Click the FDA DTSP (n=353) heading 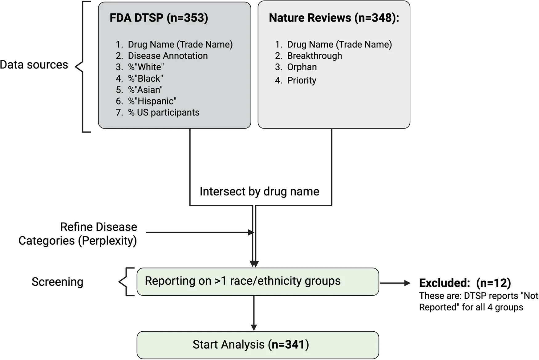[159, 18]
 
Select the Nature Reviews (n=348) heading [334, 18]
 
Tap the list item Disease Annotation [168, 56]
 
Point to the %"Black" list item [145, 79]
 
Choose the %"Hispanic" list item [152, 101]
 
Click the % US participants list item [164, 112]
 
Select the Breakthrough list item [314, 56]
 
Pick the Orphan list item [302, 67]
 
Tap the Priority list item [301, 80]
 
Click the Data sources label [34, 65]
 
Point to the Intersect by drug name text [259, 191]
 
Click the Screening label [57, 282]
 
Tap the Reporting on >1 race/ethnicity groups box [257, 281]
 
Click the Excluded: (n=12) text [464, 283]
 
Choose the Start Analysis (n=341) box [257, 345]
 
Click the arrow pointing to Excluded [395, 283]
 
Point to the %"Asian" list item [145, 90]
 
